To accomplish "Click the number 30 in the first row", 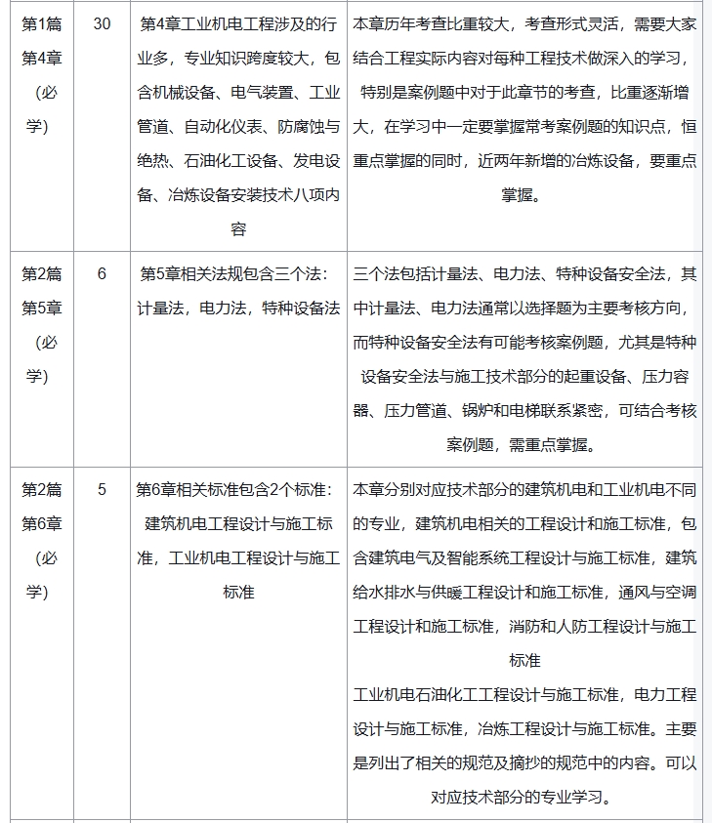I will (x=102, y=22).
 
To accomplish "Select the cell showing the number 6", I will (x=102, y=273).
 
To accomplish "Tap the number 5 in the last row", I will (x=102, y=489).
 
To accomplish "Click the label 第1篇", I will (x=41, y=22).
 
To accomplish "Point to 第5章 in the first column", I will (x=41, y=308).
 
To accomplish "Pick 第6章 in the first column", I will (x=41, y=523).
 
